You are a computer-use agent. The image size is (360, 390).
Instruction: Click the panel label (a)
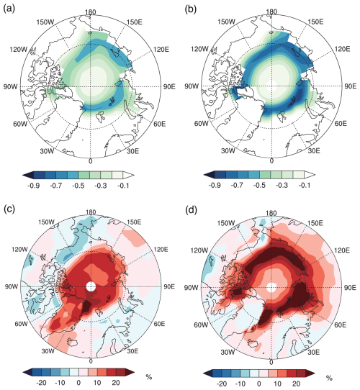click(x=11, y=7)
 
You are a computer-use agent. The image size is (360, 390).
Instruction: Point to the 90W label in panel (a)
click(x=12, y=88)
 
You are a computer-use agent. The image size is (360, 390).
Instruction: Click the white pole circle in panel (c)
click(x=91, y=286)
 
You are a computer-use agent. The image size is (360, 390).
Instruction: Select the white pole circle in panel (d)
click(x=271, y=286)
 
